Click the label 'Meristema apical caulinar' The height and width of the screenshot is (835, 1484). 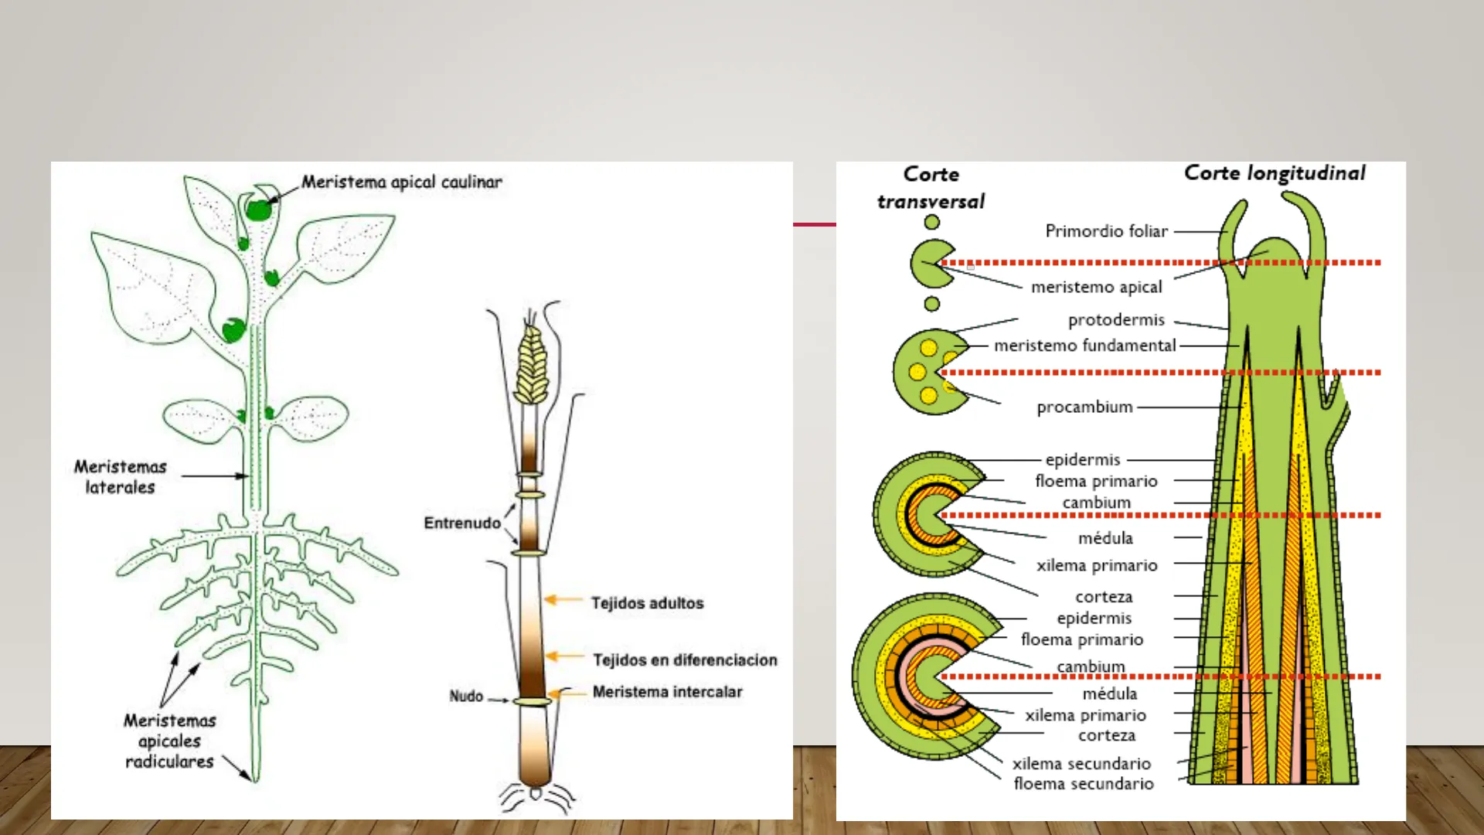401,182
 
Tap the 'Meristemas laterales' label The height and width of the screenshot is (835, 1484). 121,477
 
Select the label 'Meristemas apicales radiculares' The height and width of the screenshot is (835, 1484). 169,741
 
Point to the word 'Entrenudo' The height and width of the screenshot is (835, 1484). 462,523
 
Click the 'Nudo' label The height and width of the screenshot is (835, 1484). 466,697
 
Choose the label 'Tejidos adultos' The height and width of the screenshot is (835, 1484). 648,603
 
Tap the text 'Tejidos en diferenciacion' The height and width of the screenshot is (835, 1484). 685,660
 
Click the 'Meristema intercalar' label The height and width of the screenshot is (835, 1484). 667,692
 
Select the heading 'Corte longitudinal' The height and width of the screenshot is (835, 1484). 1275,174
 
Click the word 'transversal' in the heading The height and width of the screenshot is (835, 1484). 931,203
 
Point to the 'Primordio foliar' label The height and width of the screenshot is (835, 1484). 1106,231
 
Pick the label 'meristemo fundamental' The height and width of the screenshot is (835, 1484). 1084,346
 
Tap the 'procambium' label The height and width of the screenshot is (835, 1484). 1084,407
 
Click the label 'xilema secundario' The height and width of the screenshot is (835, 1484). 1081,764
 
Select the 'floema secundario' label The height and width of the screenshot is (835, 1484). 1083,784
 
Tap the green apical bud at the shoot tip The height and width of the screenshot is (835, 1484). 257,209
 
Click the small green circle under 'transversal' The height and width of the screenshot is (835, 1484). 932,223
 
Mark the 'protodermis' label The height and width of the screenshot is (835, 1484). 1115,320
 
